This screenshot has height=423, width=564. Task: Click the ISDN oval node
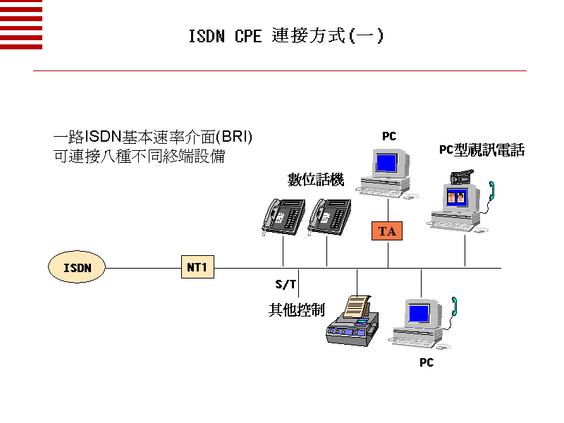click(77, 268)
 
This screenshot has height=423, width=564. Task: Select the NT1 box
click(197, 268)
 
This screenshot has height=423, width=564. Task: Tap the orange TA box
click(387, 231)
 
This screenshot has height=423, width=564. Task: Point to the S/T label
click(286, 285)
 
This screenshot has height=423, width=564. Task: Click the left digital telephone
click(283, 215)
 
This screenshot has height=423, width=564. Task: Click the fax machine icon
click(352, 321)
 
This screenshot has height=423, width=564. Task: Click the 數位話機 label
click(315, 180)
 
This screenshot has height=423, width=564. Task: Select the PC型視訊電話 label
click(482, 150)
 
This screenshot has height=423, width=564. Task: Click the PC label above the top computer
click(389, 137)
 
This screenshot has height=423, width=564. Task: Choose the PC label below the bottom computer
click(427, 362)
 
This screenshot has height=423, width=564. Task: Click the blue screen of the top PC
click(386, 162)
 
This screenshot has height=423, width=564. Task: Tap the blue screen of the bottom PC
click(419, 312)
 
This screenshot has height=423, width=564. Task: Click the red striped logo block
click(21, 25)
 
